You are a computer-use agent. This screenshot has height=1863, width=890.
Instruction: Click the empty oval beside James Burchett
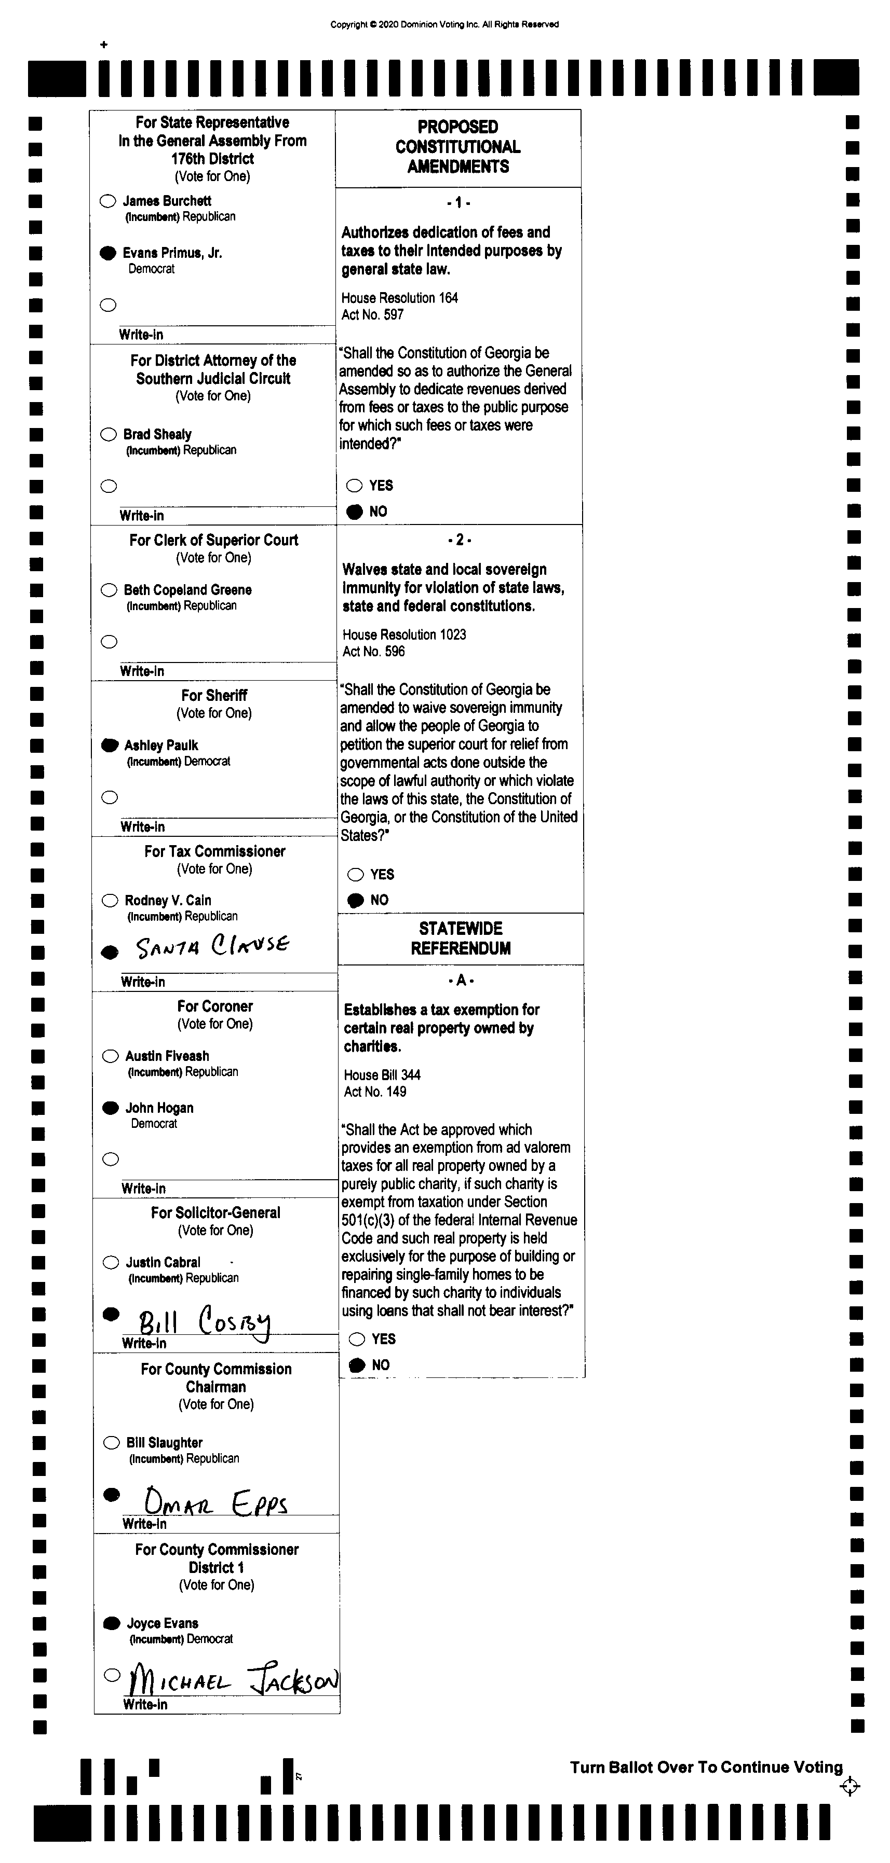[x=108, y=201]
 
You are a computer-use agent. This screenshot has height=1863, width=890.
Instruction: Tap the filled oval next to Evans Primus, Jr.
[x=108, y=253]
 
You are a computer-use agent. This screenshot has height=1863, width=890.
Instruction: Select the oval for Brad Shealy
[x=109, y=434]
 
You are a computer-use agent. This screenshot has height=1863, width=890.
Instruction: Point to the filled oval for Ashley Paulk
[x=110, y=745]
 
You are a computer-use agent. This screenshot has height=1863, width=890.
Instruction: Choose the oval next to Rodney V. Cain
[x=110, y=901]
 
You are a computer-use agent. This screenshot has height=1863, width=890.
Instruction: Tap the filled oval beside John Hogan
[x=111, y=1107]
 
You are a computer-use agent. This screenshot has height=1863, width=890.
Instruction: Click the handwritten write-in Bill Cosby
[x=205, y=1322]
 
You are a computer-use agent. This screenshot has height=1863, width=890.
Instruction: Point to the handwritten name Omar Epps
[x=215, y=1501]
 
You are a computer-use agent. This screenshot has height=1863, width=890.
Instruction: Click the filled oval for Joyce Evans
[x=112, y=1623]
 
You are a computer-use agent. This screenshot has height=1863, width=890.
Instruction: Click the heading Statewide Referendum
[x=461, y=938]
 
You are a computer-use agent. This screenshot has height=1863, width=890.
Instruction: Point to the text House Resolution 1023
[x=404, y=634]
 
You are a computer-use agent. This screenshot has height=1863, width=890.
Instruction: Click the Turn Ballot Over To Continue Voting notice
[x=706, y=1767]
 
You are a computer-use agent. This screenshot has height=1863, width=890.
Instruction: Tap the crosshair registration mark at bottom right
[x=849, y=1786]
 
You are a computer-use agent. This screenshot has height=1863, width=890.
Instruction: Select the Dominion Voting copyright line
[x=444, y=24]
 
